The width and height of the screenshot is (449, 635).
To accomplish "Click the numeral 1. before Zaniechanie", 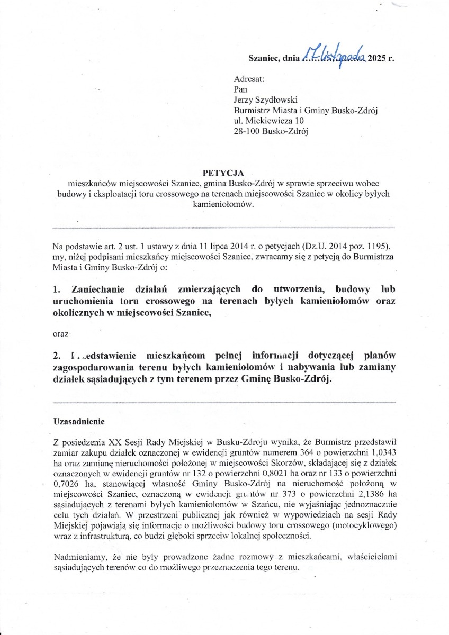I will [x=57, y=289].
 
